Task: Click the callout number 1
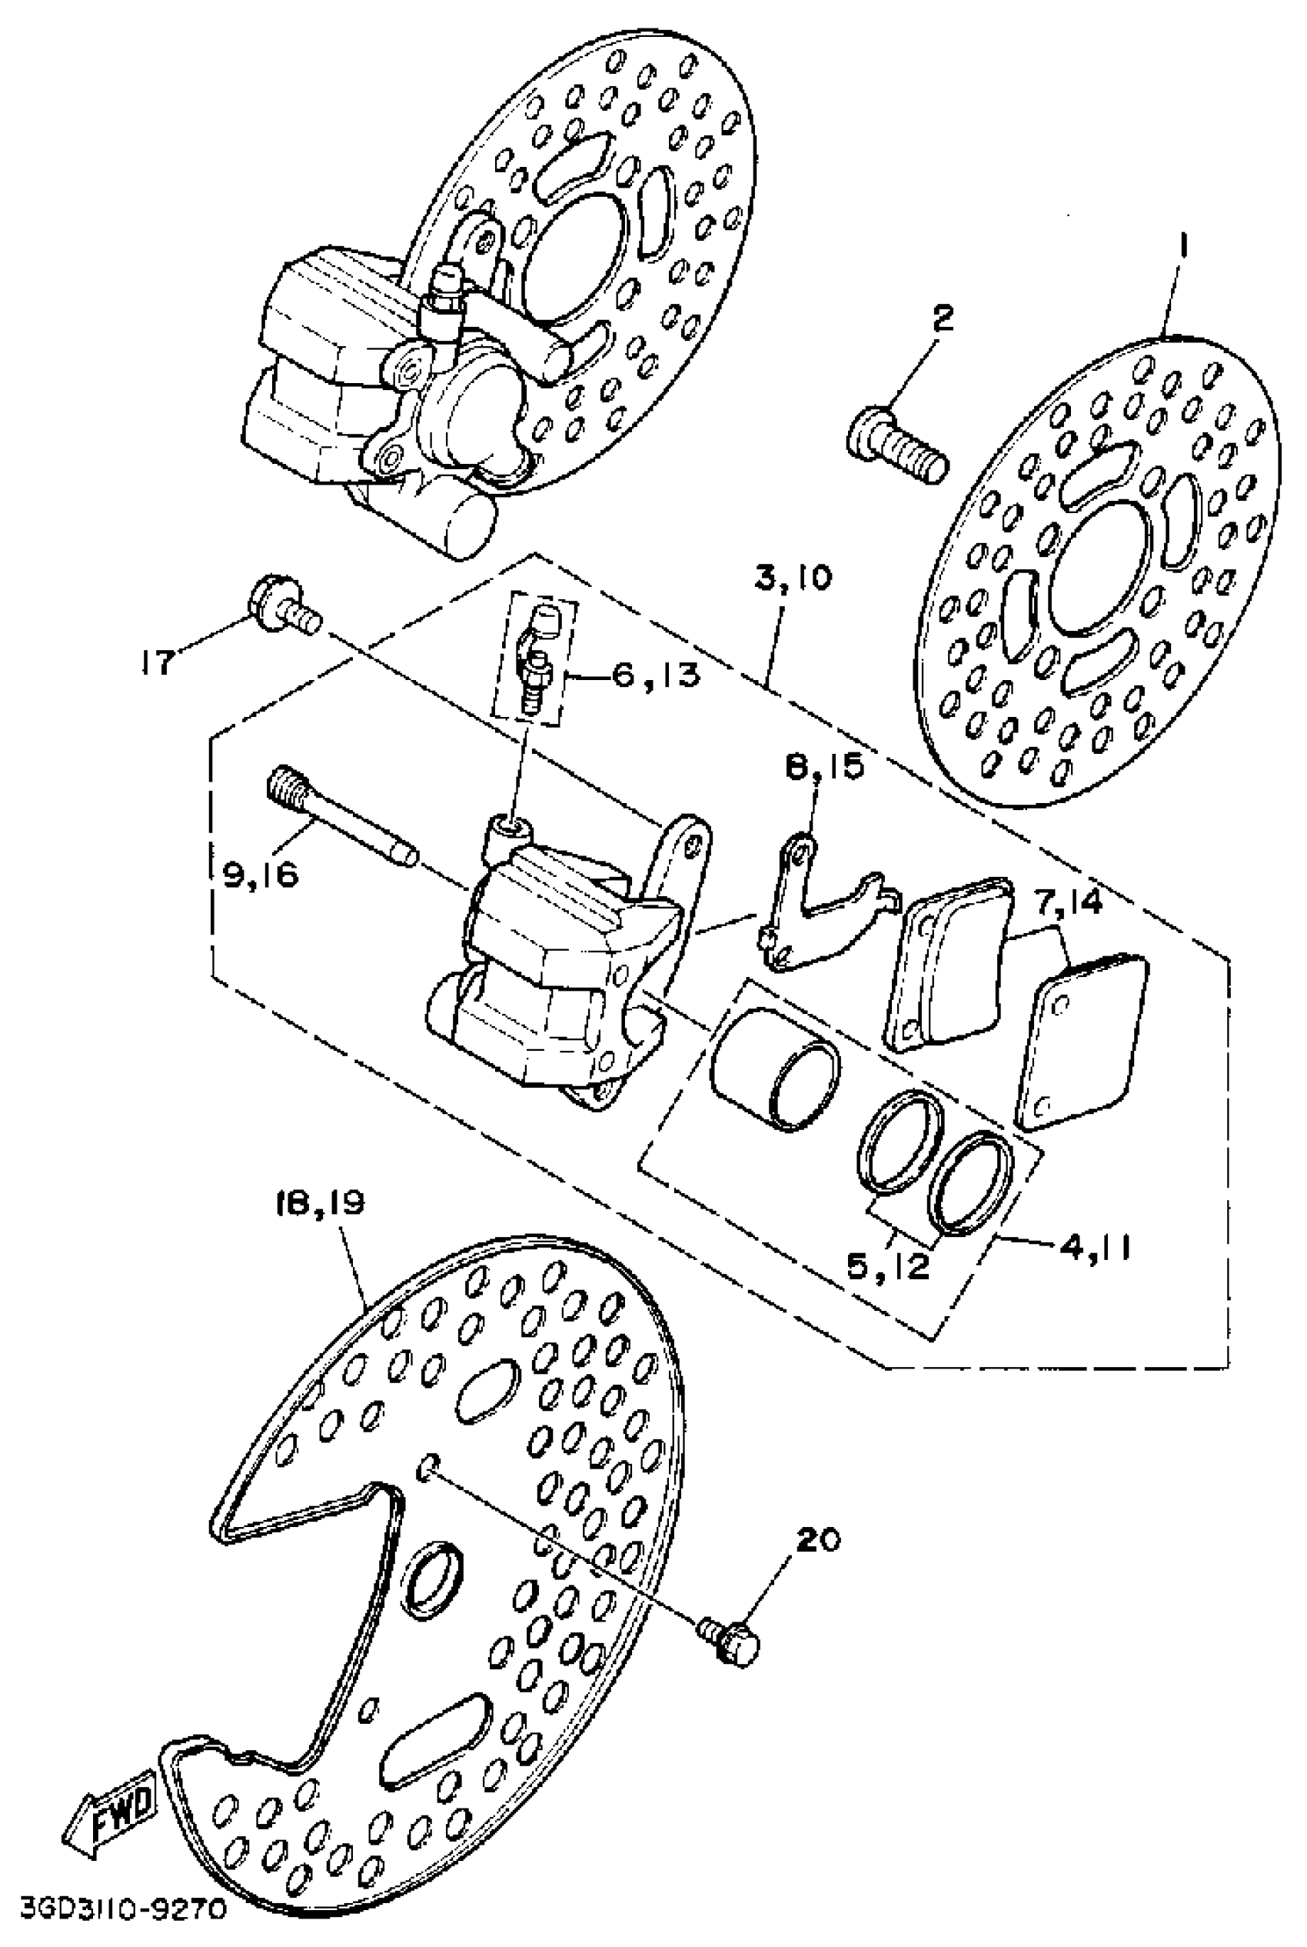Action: point(1184,248)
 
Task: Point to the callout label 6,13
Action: point(656,675)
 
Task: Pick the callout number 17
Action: point(158,663)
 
